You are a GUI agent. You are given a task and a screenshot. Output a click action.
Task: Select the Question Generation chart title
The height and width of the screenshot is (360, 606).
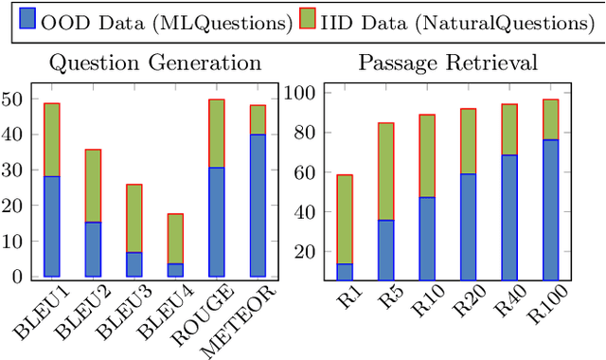(155, 63)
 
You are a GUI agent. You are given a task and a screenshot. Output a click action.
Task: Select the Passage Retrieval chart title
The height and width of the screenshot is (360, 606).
(448, 63)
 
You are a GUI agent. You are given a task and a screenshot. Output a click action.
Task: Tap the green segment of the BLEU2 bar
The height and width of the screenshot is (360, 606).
(93, 186)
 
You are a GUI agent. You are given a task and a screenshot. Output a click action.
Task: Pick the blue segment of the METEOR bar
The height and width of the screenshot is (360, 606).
(258, 206)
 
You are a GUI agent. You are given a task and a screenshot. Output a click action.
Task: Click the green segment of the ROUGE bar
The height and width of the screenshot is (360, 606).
(216, 134)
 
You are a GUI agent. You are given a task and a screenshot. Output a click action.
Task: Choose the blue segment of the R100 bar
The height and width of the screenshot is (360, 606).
(550, 209)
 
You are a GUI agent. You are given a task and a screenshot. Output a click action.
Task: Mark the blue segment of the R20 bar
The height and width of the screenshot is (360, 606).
(468, 226)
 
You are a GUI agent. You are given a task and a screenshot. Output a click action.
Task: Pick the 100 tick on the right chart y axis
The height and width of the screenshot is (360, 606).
(301, 94)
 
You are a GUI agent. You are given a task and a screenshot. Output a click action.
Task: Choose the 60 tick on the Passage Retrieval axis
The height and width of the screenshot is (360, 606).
(305, 172)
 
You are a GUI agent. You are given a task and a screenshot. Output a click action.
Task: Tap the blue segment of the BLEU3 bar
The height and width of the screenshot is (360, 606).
(134, 264)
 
